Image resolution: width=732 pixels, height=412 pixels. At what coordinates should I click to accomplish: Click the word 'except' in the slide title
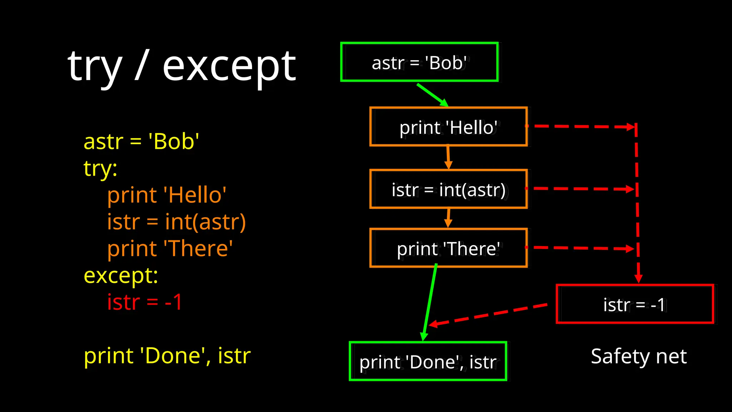[229, 67]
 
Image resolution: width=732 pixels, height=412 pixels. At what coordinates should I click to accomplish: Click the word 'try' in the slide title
[95, 68]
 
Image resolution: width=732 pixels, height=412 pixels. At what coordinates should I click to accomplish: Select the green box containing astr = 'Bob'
[419, 62]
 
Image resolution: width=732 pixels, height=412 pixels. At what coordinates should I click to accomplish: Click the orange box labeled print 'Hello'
[448, 127]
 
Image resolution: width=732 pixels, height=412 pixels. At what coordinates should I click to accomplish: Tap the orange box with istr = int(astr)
[448, 189]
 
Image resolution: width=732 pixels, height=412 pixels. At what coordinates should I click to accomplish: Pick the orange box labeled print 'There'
[448, 248]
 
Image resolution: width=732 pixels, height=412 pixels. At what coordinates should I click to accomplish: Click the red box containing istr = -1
[634, 304]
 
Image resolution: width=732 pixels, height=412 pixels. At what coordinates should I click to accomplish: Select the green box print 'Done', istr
[428, 362]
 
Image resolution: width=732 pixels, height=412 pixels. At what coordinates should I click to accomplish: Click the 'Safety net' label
[638, 356]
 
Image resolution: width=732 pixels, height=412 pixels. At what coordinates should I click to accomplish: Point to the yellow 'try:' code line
[100, 168]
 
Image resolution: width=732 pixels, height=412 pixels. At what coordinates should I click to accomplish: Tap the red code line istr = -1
[145, 302]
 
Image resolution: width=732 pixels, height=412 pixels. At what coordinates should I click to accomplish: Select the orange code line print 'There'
[170, 249]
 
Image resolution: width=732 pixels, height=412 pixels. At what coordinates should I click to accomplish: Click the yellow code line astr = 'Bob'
[141, 141]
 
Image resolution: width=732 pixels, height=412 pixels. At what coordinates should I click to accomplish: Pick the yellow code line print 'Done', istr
[167, 356]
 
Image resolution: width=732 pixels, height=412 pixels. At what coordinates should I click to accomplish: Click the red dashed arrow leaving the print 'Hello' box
[579, 127]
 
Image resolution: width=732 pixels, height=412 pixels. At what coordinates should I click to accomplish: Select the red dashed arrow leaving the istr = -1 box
[490, 315]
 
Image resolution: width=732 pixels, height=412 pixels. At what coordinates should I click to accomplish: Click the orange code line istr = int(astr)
[176, 222]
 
